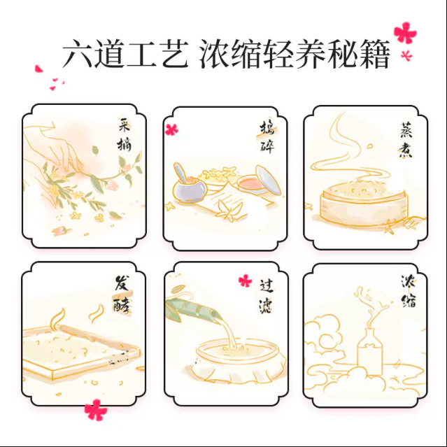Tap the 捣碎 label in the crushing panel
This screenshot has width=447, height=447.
point(267,137)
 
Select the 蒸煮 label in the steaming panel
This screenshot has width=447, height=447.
point(406,141)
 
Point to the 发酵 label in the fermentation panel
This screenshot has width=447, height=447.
point(122,294)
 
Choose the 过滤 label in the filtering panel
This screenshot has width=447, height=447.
point(267,296)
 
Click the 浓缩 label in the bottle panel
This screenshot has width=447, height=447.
point(409,291)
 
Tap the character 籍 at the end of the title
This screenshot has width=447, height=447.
point(374,54)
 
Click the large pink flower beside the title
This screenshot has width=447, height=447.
point(405,33)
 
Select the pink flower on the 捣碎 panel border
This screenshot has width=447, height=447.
point(171,129)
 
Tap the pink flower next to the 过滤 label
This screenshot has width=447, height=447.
point(245,281)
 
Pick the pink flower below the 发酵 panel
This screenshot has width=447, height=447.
point(96,410)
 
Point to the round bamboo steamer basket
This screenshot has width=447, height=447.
point(364,204)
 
